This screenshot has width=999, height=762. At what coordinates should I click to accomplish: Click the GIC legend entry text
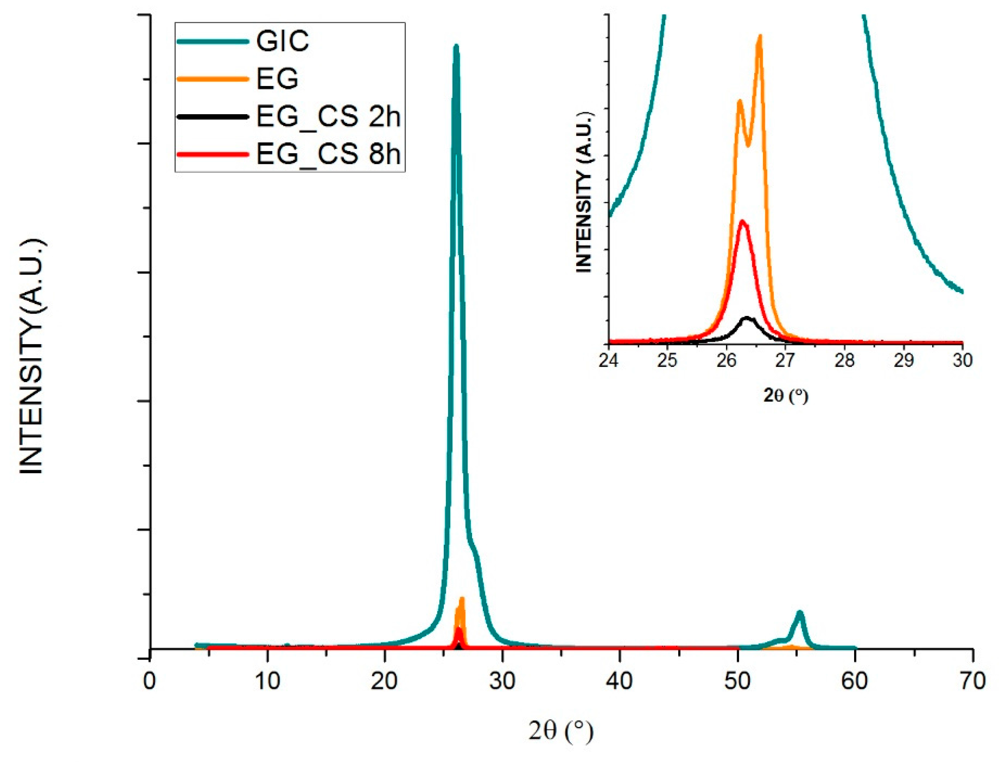pos(282,41)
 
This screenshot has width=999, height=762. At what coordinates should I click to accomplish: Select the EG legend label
pos(277,79)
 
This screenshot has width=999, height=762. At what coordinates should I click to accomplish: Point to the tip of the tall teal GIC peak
pos(456,46)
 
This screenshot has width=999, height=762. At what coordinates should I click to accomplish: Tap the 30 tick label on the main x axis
pos(502,681)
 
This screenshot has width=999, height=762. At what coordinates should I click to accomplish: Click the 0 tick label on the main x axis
pos(150,681)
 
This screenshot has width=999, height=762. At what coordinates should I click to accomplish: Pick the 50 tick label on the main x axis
pos(737,681)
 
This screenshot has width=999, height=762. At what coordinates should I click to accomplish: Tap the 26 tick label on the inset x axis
pos(726,360)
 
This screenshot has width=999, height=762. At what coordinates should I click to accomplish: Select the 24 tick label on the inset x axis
pos(609,360)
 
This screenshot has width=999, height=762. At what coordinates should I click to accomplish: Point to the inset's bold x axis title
pos(785,396)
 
